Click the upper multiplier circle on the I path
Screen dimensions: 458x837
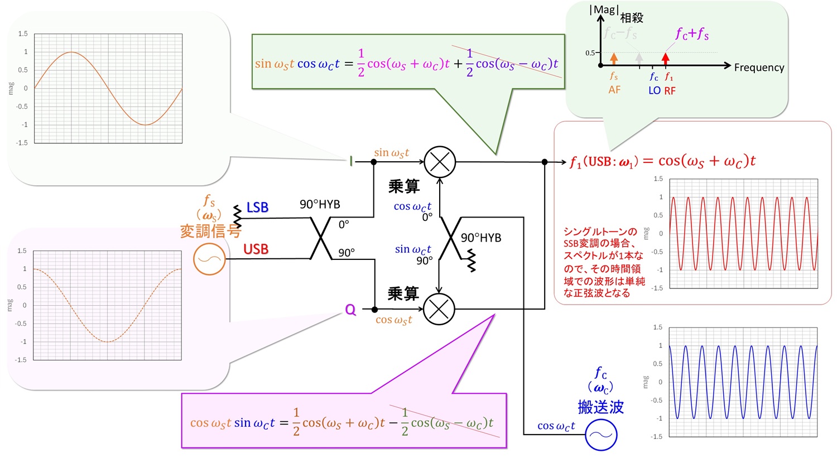pos(440,162)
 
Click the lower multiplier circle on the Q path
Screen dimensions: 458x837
pos(439,308)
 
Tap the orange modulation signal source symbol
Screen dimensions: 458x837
pos(209,259)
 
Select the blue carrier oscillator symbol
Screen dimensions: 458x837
pos(601,435)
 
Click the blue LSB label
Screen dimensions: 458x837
pos(257,208)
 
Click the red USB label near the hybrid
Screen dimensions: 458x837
pos(256,249)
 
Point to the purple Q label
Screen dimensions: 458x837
pos(350,310)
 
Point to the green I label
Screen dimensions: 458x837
pos(351,162)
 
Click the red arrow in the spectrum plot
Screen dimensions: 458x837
pos(665,58)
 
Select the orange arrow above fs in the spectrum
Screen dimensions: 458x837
pos(614,58)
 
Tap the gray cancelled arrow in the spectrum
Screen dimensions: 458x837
pos(639,58)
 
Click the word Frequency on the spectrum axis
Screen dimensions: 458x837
pos(759,68)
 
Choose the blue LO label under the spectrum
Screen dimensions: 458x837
pos(655,90)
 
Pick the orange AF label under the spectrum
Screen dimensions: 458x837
pos(614,90)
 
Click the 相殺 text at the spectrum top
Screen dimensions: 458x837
pos(632,18)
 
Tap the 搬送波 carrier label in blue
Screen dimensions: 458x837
pos(600,407)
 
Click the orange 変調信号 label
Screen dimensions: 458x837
pos(210,231)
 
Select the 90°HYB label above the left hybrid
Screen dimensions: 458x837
pos(320,204)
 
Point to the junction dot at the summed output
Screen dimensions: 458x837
pos(545,162)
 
